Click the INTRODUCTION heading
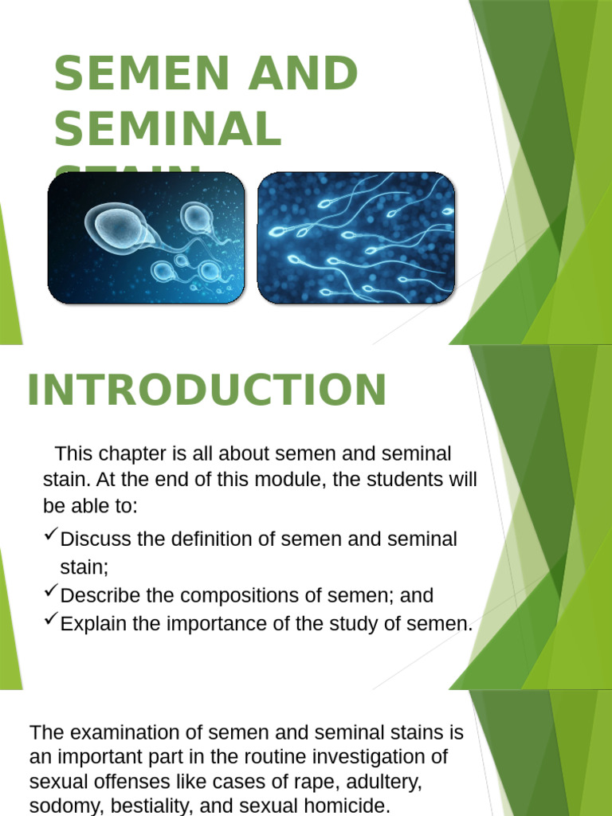coord(207,390)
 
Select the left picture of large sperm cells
coord(146,238)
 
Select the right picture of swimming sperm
coord(356,238)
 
